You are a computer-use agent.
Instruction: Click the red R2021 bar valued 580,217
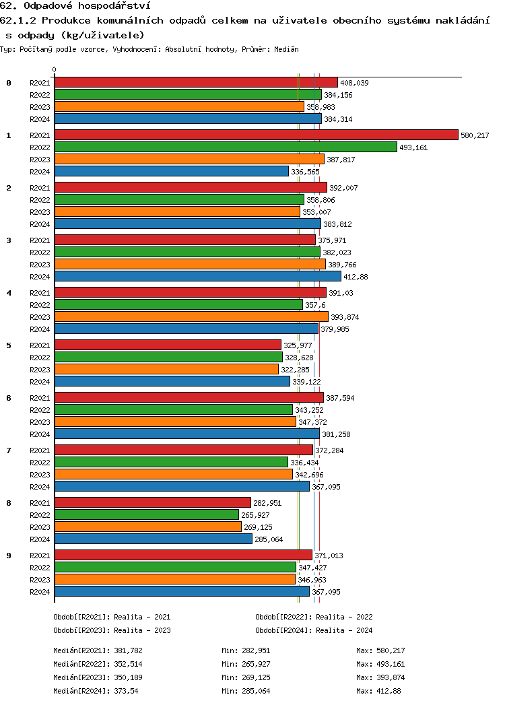pyautogui.click(x=256, y=135)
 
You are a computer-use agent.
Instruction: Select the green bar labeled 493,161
pyautogui.click(x=226, y=147)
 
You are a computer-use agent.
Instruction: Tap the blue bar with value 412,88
pyautogui.click(x=197, y=276)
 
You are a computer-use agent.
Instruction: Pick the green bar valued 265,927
pyautogui.click(x=146, y=514)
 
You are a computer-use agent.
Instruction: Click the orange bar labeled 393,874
pyautogui.click(x=191, y=316)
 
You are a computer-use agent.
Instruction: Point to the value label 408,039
pyautogui.click(x=354, y=83)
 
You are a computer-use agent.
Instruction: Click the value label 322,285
pyautogui.click(x=295, y=370)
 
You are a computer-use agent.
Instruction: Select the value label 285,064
pyautogui.click(x=269, y=539)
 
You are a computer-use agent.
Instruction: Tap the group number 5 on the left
pyautogui.click(x=9, y=345)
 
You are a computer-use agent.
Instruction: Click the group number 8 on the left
pyautogui.click(x=9, y=503)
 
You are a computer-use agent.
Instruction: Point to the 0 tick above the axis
pyautogui.click(x=55, y=69)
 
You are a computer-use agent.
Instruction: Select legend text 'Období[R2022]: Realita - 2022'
pyautogui.click(x=314, y=617)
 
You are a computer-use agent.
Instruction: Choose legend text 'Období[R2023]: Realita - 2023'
pyautogui.click(x=112, y=630)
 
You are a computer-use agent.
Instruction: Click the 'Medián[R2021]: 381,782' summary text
pyautogui.click(x=98, y=650)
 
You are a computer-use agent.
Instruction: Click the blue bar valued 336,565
pyautogui.click(x=171, y=171)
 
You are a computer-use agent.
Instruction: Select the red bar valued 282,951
pyautogui.click(x=152, y=502)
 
